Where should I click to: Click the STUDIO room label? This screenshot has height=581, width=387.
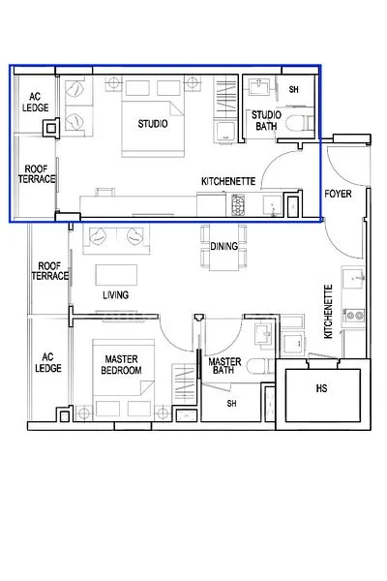coord(154,125)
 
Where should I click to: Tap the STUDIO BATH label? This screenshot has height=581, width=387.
coord(267,121)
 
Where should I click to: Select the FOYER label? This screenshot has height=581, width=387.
coord(339,194)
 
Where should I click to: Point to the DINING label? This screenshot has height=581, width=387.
coord(224,247)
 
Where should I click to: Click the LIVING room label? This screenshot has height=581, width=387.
coord(116,295)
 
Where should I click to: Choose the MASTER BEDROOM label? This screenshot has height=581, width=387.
coord(123,365)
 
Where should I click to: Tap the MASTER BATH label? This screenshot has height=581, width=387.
coord(224,365)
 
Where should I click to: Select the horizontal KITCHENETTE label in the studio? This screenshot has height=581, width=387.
coord(227,181)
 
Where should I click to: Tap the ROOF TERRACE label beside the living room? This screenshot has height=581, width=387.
coord(50,270)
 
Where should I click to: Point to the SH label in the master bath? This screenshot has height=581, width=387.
coord(231,404)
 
